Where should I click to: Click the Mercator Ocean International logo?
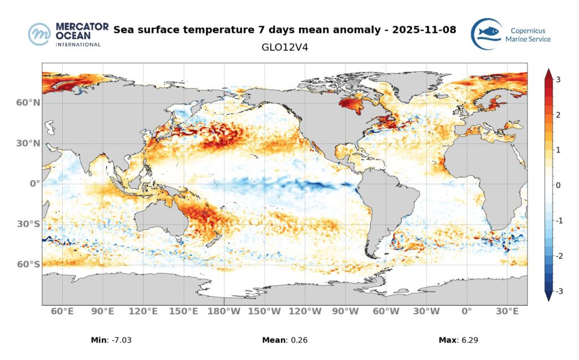(65, 34)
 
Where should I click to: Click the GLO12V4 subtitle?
(285, 47)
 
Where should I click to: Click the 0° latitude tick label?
(34, 184)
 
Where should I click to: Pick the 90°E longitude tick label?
(103, 311)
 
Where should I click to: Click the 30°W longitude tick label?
(426, 311)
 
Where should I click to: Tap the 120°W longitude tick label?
(305, 311)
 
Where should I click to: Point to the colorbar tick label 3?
(558, 80)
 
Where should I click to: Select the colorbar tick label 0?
(558, 185)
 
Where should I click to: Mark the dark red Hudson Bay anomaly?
(351, 105)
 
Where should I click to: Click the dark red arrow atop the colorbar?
(547, 72)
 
